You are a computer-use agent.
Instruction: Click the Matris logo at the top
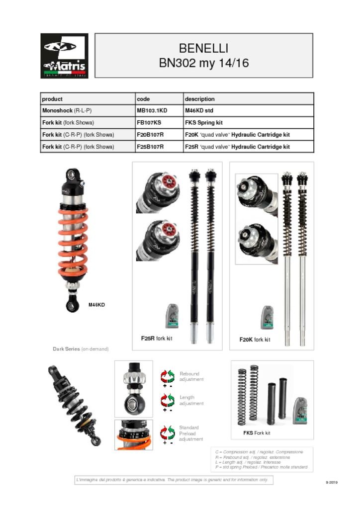[x=64, y=56]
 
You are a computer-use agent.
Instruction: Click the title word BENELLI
[x=203, y=48]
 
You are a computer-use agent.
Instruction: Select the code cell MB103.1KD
[x=152, y=111]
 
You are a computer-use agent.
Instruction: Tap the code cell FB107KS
[x=149, y=123]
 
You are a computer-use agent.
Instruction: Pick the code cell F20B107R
[x=150, y=135]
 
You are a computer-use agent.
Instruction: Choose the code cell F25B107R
[x=150, y=147]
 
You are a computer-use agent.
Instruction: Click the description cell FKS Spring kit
[x=203, y=123]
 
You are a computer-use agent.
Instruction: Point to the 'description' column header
[x=199, y=99]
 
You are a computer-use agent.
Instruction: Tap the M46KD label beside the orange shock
[x=96, y=304]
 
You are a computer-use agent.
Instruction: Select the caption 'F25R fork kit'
[x=157, y=339]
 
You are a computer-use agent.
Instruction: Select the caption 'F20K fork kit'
[x=255, y=339]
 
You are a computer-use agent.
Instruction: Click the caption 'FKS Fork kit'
[x=257, y=433]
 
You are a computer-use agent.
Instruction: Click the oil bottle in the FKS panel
[x=299, y=410]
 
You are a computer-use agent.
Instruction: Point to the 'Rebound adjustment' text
[x=191, y=376]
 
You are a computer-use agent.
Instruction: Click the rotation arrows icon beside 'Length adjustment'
[x=167, y=400]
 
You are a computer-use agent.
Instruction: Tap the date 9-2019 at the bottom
[x=332, y=482]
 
